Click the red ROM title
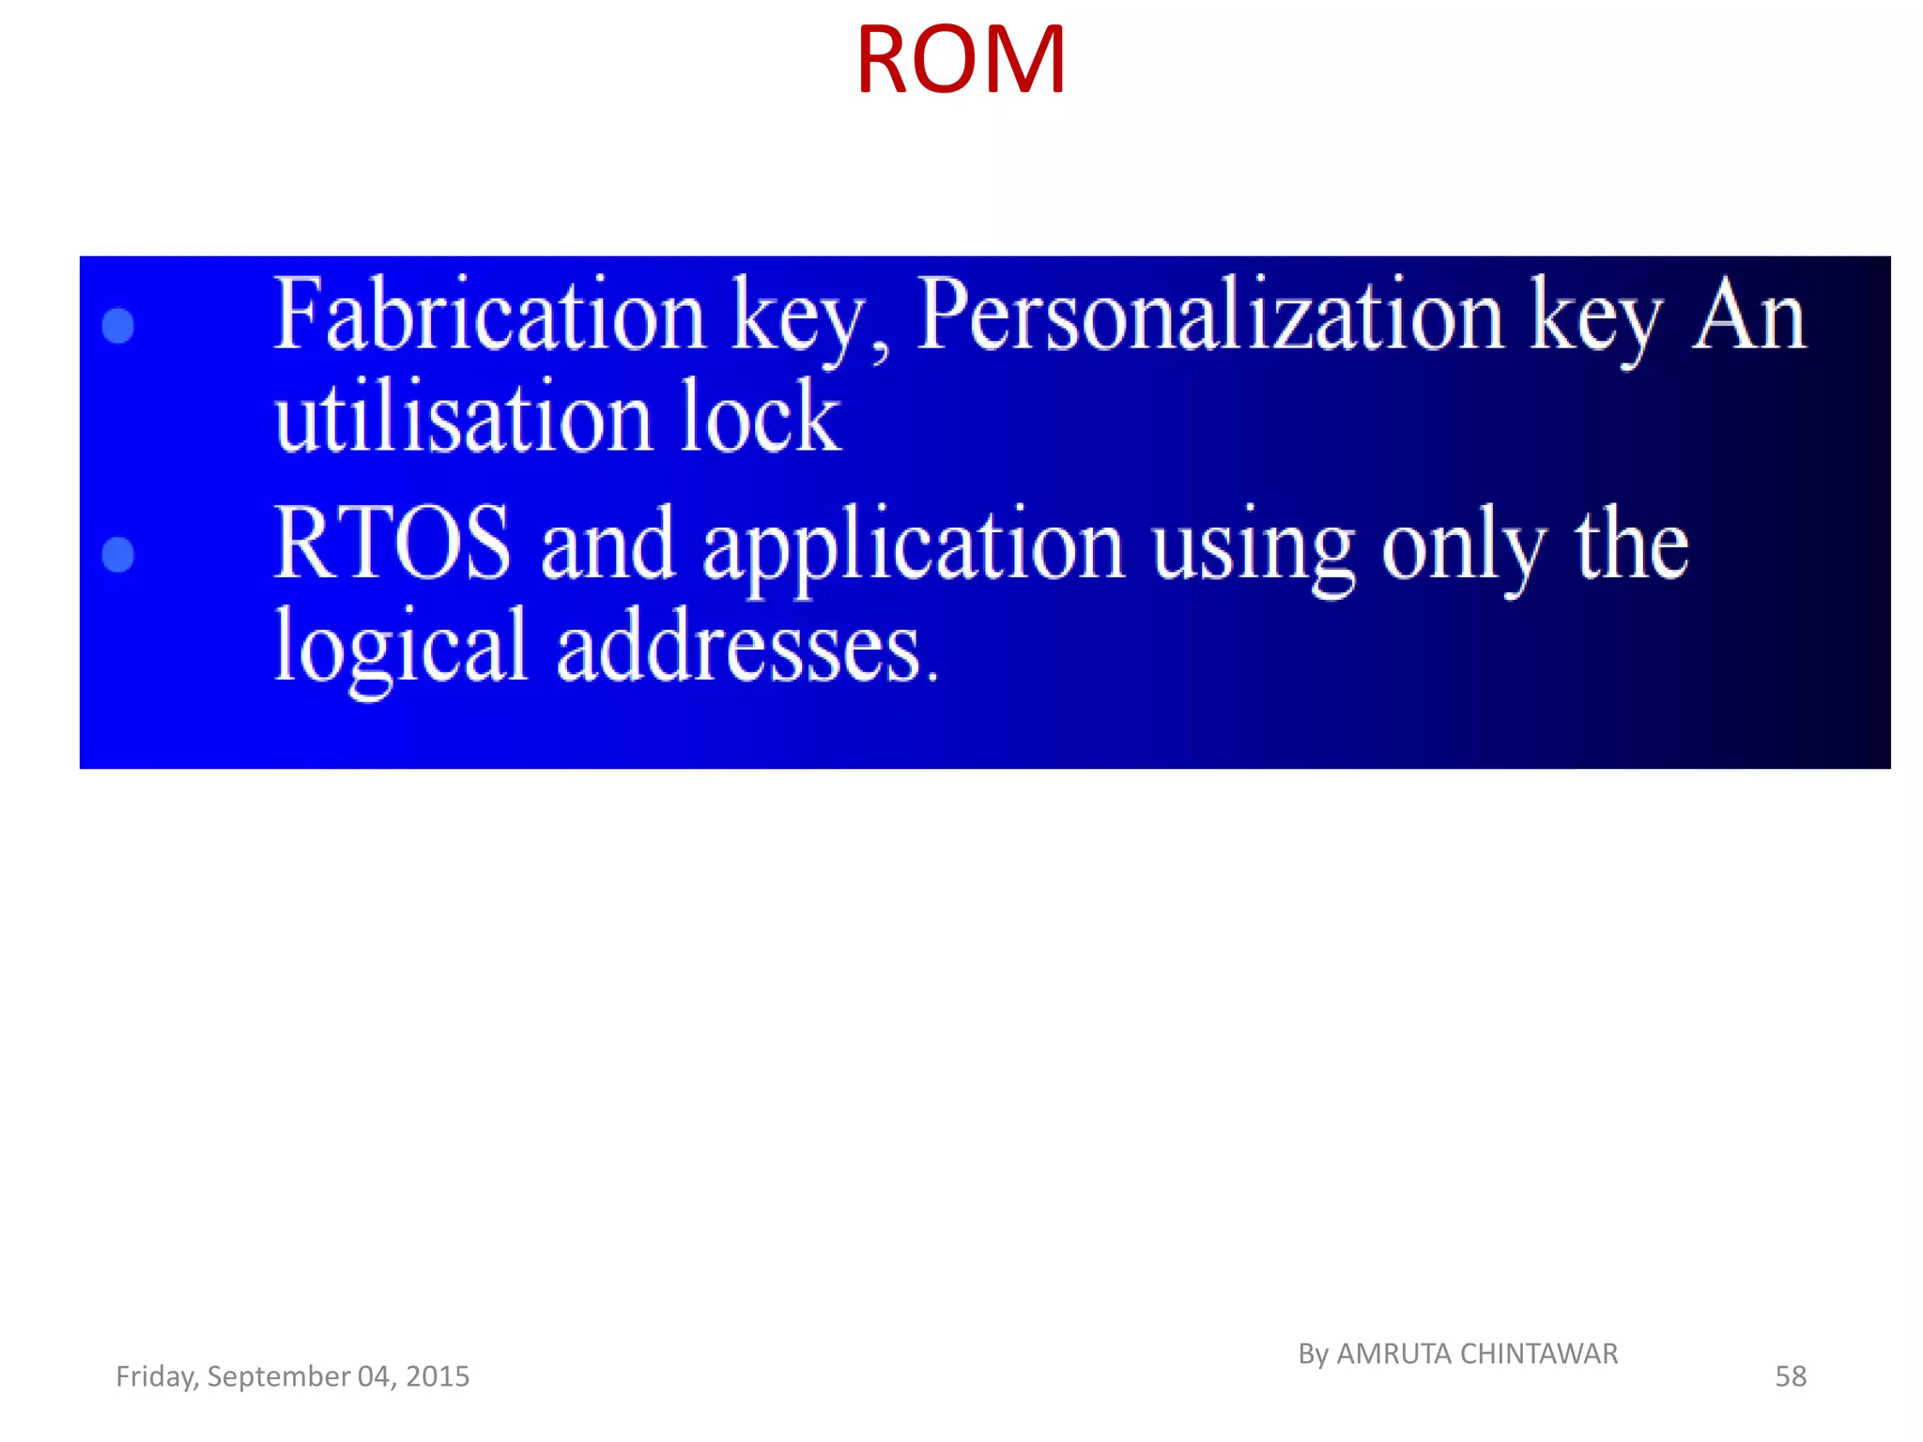tap(960, 61)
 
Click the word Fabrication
tap(488, 315)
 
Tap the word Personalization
tap(1210, 315)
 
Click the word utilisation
tap(463, 418)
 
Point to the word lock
tap(760, 418)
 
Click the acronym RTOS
tap(392, 545)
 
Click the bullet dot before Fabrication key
tap(118, 326)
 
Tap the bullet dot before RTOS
tap(118, 554)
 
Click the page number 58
tap(1790, 1376)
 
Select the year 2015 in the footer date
tap(438, 1376)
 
